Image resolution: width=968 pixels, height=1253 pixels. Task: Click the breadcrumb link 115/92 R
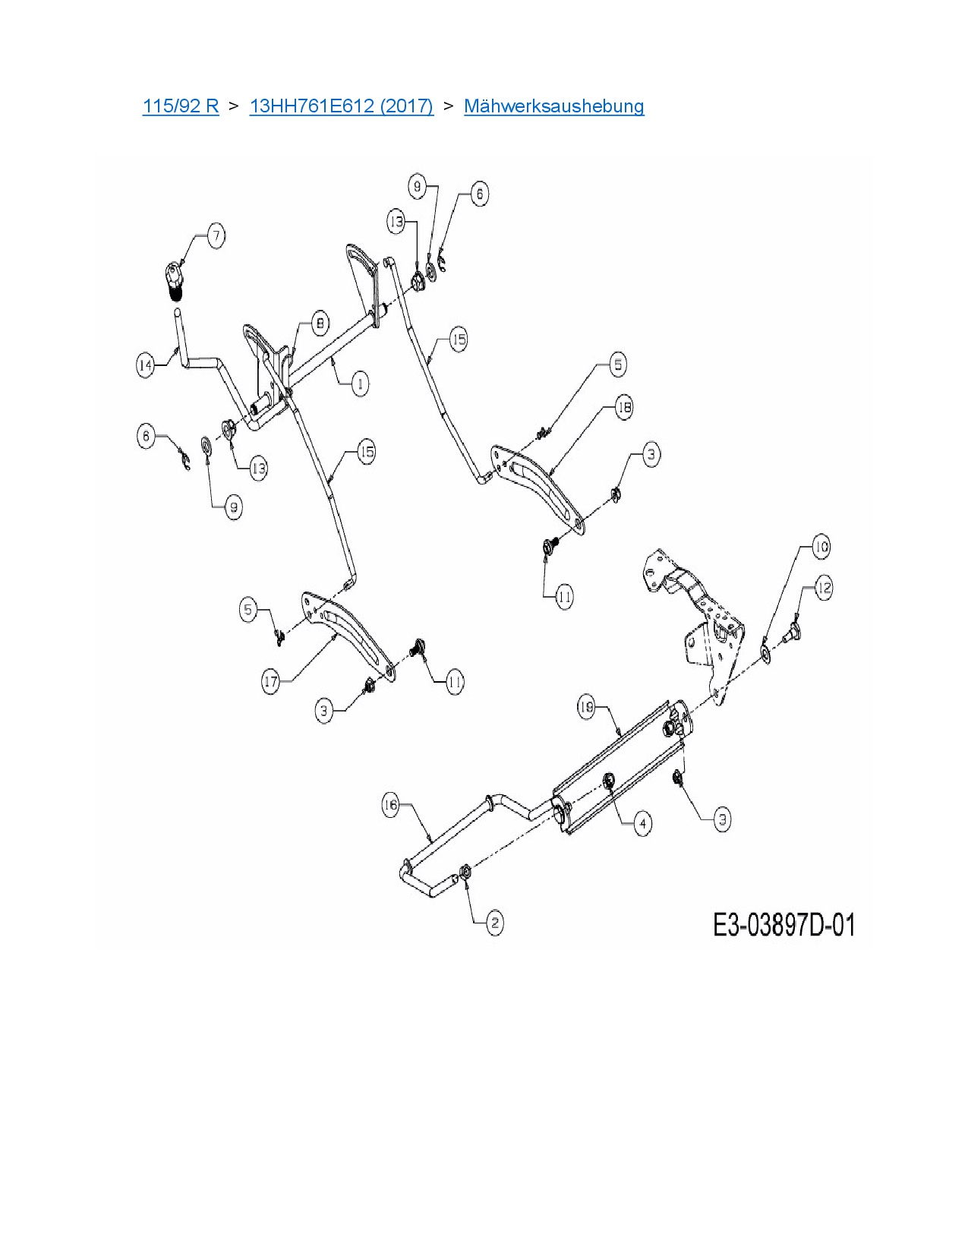tap(180, 106)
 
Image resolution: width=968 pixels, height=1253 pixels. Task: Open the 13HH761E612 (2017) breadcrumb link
tap(341, 106)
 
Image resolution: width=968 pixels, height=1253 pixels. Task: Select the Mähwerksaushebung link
tap(553, 106)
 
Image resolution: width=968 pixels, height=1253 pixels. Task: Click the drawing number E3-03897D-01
tap(784, 926)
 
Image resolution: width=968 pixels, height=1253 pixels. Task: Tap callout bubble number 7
tap(216, 235)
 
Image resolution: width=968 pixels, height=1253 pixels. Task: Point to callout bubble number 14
tap(145, 365)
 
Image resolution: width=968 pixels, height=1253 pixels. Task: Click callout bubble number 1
tap(360, 383)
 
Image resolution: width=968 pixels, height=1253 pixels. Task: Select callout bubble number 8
tap(320, 324)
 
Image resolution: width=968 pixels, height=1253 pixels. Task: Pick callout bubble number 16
tap(390, 805)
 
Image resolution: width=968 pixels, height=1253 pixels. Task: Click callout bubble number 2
tap(494, 923)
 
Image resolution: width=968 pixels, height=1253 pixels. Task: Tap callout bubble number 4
tap(642, 822)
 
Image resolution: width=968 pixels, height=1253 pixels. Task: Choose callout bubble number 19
tap(587, 708)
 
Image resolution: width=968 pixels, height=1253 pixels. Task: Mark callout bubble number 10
tap(821, 547)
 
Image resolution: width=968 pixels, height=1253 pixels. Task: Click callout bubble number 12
tap(823, 587)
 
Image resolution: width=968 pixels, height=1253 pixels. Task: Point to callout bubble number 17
tap(271, 681)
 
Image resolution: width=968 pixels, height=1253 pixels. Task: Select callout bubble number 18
tap(623, 408)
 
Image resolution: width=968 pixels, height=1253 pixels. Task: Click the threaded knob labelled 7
tap(175, 279)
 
